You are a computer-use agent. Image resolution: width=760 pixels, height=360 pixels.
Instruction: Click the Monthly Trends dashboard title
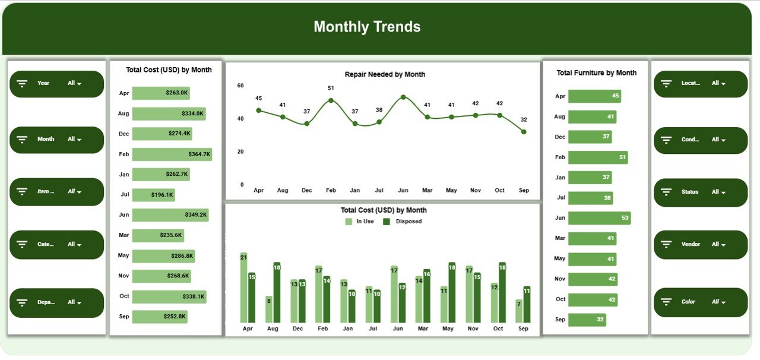(x=367, y=27)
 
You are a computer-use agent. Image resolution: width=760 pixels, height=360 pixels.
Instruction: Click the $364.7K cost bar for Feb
(x=172, y=154)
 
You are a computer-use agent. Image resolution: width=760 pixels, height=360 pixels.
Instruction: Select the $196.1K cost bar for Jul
(x=153, y=195)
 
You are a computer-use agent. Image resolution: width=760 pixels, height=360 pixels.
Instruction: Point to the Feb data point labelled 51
(x=331, y=100)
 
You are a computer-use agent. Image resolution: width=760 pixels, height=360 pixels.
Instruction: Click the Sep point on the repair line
(x=524, y=132)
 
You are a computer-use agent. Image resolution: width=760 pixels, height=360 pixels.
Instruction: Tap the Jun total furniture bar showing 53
(x=599, y=218)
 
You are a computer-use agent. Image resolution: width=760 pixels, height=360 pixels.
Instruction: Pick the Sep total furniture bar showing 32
(x=587, y=320)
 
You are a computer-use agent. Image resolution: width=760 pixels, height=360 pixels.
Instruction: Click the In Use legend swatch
(x=349, y=222)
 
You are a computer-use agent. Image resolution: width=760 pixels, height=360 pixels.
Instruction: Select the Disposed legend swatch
(x=387, y=222)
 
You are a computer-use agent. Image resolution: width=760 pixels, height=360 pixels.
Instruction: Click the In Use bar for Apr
(x=243, y=288)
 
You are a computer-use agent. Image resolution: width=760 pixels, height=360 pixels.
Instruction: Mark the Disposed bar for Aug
(x=277, y=292)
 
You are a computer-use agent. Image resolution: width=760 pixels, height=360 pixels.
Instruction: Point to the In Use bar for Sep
(x=519, y=311)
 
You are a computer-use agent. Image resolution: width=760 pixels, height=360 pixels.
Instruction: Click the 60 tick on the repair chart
(x=240, y=86)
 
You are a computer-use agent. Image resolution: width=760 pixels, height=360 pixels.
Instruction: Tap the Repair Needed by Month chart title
(x=385, y=74)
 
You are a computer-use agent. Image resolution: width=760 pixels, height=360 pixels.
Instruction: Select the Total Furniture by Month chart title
(x=596, y=73)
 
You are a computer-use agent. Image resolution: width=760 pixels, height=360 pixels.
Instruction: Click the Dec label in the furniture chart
(x=559, y=137)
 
